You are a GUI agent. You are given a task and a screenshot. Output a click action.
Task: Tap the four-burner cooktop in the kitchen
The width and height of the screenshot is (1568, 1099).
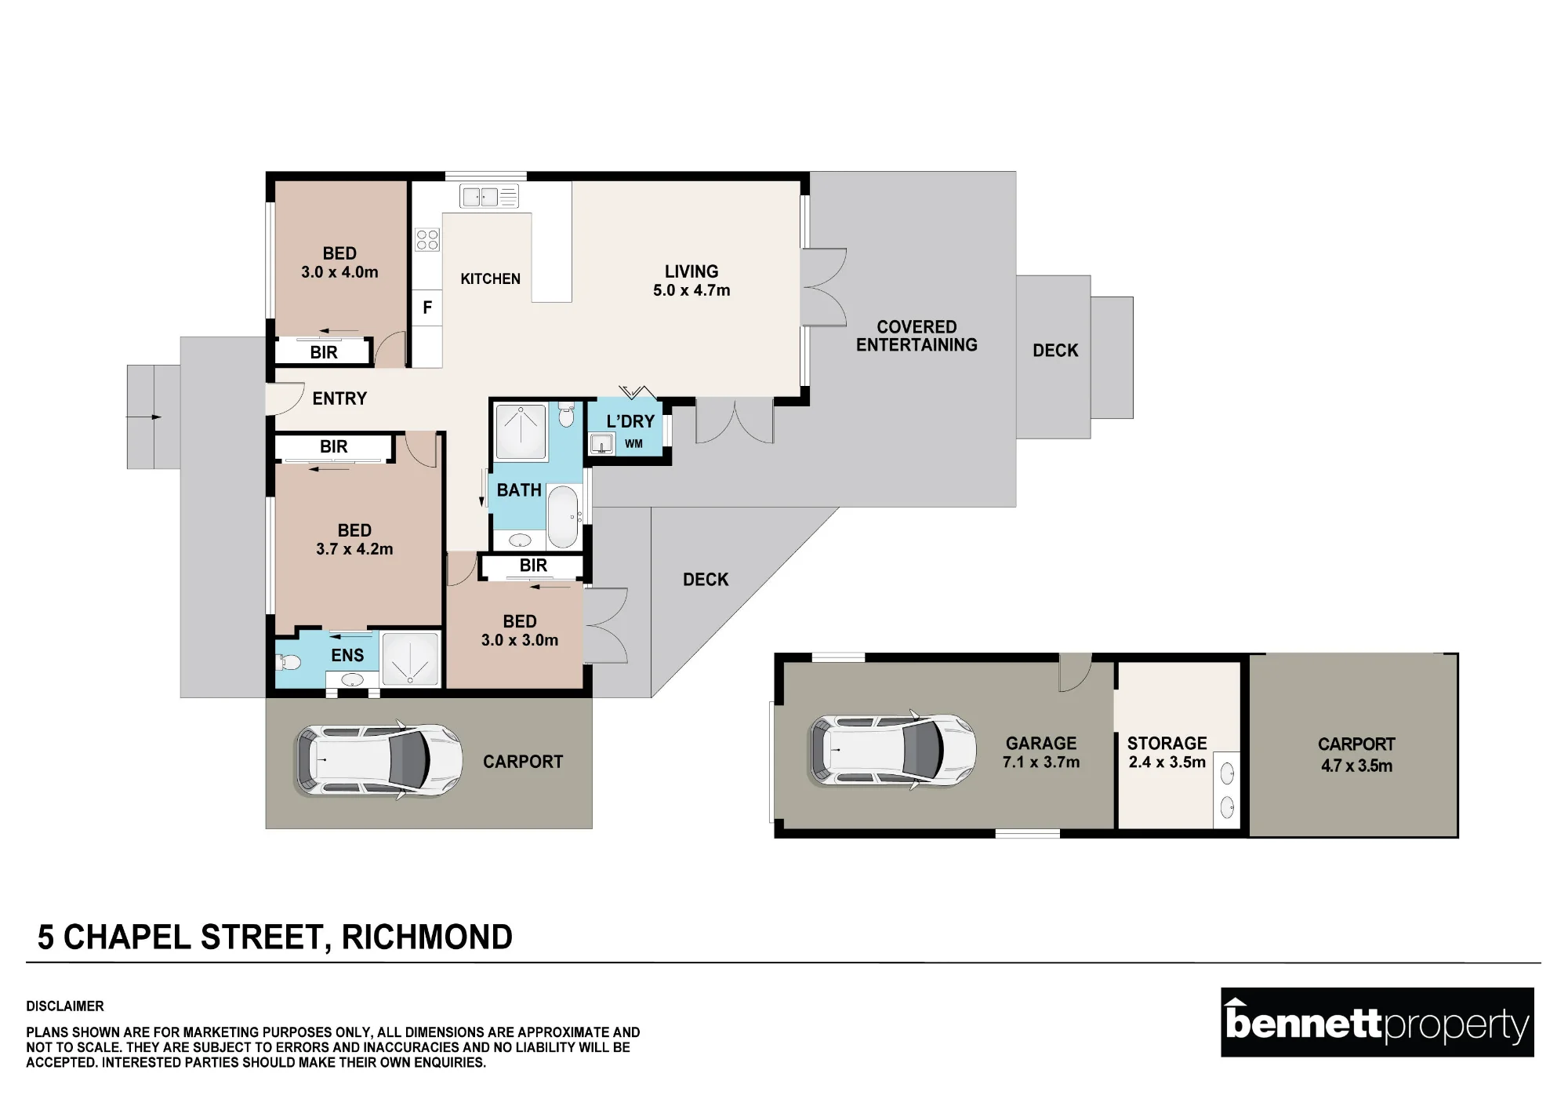coord(427,240)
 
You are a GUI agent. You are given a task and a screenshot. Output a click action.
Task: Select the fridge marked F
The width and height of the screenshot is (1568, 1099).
coord(427,308)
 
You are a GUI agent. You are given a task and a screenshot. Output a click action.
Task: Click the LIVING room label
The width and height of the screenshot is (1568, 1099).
coord(691,271)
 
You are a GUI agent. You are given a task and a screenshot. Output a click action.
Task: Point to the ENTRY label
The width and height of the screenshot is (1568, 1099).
coord(339,398)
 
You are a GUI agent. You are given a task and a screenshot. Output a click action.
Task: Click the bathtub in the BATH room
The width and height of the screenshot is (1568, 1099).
coord(562,516)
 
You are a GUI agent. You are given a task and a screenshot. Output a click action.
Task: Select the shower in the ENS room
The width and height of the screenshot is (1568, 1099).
coord(410,659)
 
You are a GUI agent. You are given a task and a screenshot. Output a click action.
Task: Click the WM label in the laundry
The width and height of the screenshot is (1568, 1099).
coord(633,444)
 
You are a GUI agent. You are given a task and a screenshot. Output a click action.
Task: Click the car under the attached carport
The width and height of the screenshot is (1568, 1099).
coord(378,760)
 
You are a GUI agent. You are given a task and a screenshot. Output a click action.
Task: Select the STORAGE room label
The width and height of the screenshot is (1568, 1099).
coord(1167,743)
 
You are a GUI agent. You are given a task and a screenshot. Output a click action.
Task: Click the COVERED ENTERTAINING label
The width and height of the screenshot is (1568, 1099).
coord(916,336)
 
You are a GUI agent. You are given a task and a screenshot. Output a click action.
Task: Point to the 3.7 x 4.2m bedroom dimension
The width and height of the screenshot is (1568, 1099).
coord(354,549)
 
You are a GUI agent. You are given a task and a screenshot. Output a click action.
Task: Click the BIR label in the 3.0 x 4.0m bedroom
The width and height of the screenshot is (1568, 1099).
coord(324,352)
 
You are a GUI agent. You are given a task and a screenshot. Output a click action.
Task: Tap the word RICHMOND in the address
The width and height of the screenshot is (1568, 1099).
coord(426,937)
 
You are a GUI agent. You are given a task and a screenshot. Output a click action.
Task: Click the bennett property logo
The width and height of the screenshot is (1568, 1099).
coord(1377,1022)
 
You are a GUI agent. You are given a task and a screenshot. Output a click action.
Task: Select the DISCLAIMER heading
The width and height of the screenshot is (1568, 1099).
coord(65,1006)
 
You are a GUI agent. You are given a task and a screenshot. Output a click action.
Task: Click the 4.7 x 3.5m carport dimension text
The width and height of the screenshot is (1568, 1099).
coord(1356,766)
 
